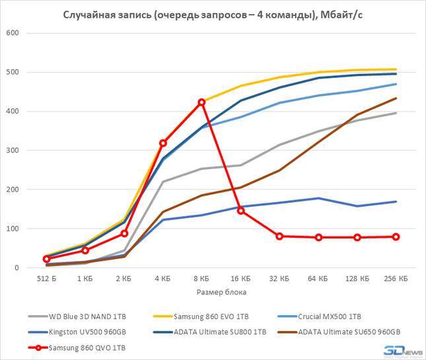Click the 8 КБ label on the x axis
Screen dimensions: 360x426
[201, 279]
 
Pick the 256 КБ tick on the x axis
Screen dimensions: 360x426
[396, 279]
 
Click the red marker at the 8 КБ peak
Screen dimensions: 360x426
[201, 102]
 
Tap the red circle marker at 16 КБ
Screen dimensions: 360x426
[240, 210]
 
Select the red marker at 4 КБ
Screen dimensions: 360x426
[162, 143]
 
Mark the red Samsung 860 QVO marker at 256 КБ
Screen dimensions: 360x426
[396, 236]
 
